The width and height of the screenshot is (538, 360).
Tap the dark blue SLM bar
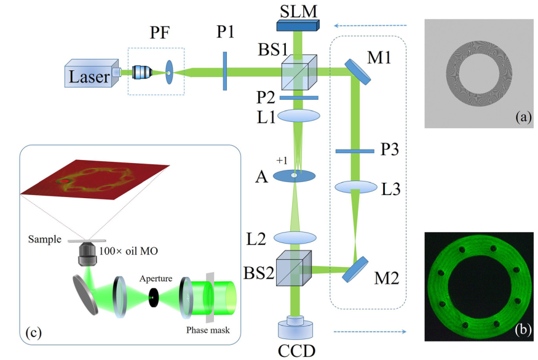pos(298,25)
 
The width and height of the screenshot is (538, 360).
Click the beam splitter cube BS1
pos(299,73)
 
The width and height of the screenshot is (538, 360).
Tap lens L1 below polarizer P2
pos(299,116)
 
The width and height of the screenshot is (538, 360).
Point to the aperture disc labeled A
pos(294,176)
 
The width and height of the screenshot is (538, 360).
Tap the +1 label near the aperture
pos(281,161)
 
